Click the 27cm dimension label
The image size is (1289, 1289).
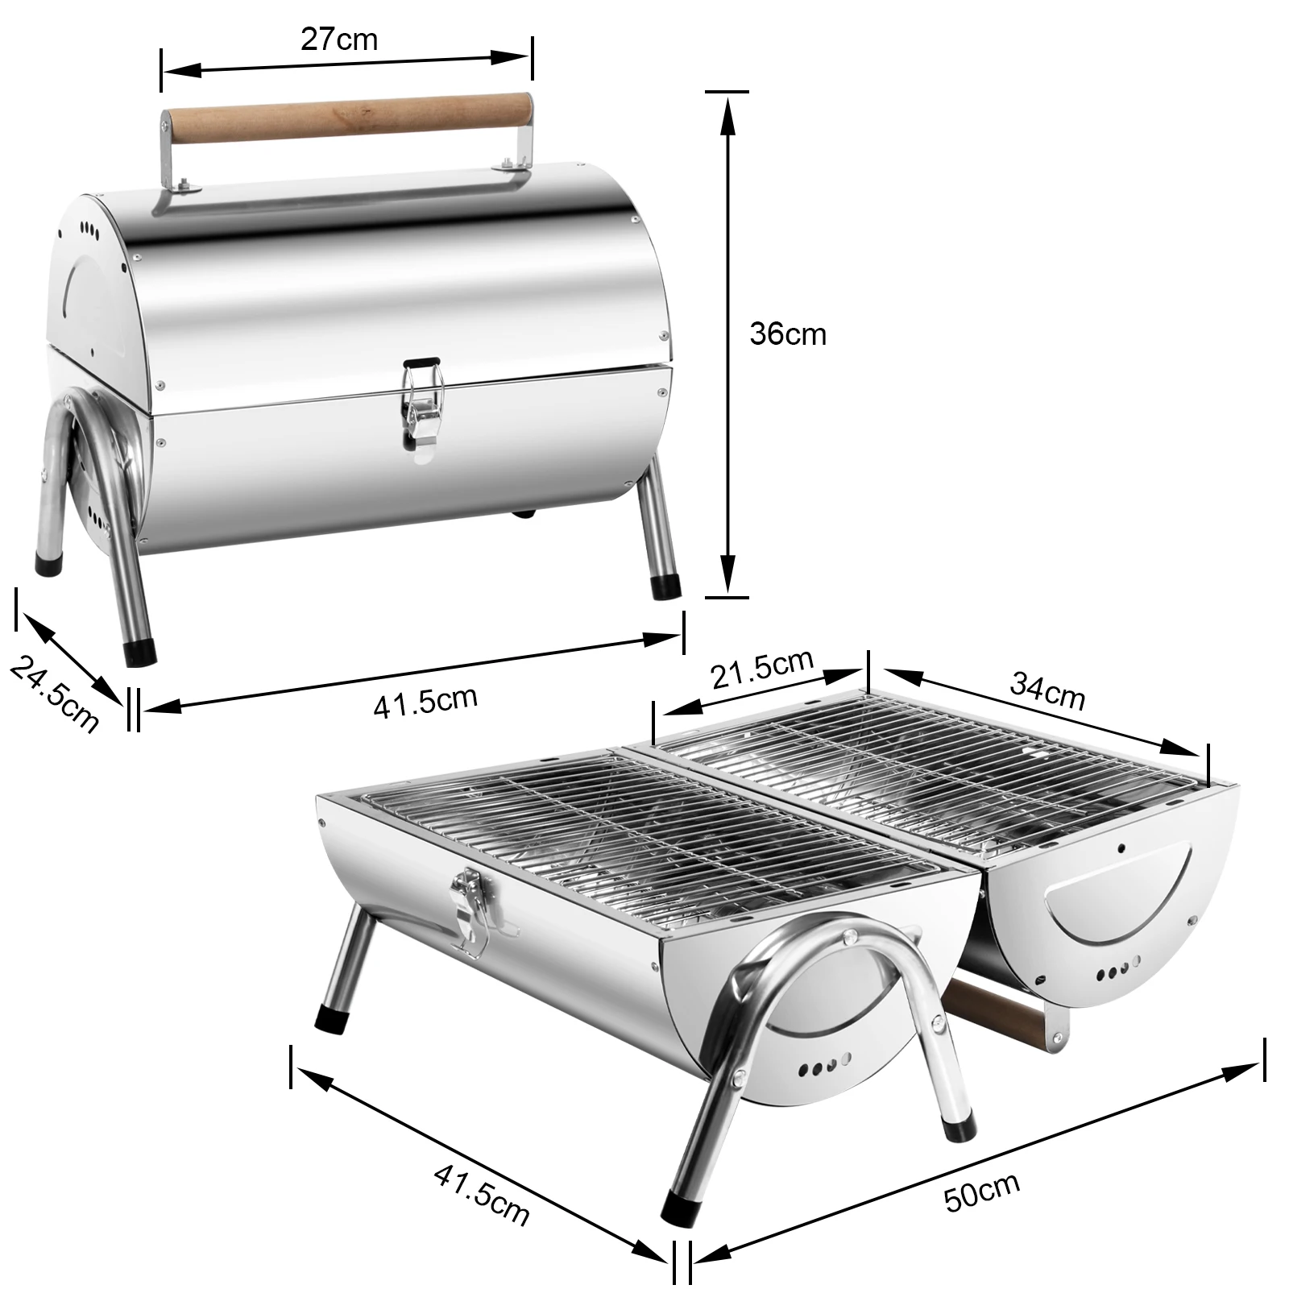point(338,39)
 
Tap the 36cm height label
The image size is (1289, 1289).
point(788,334)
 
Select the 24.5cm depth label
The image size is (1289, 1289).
point(55,694)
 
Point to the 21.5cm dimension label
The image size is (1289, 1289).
point(762,669)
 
